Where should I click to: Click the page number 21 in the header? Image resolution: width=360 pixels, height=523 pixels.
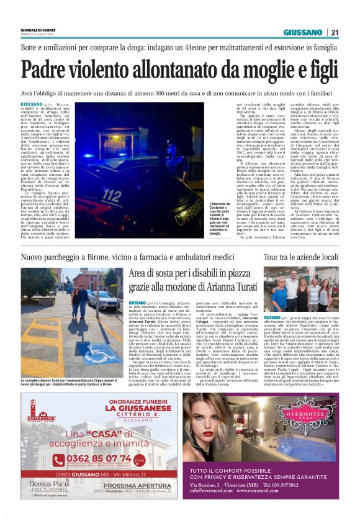[x=334, y=32]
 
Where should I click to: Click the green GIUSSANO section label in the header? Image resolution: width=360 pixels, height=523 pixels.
[x=302, y=32]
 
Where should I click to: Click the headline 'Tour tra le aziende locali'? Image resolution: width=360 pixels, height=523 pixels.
[x=300, y=257]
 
